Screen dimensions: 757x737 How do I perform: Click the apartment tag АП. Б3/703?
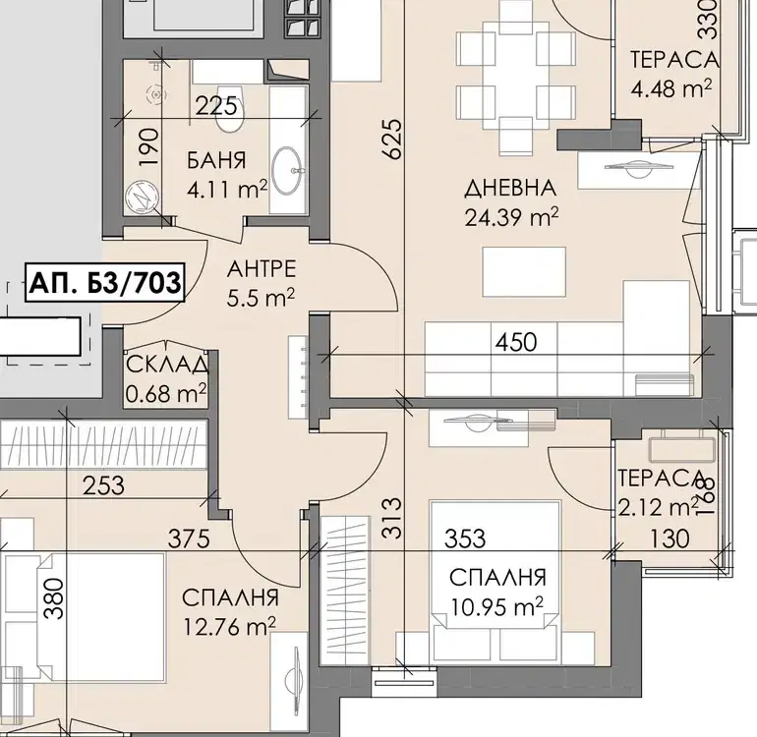[104, 283]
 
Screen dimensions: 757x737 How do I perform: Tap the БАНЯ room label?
[216, 160]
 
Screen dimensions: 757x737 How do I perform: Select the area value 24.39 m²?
[512, 217]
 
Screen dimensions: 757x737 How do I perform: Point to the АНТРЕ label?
[262, 269]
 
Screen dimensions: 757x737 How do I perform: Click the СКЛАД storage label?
[167, 365]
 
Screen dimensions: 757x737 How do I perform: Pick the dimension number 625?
[391, 139]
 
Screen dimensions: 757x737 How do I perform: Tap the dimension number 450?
[516, 342]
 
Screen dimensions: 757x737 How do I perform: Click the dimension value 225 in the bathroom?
[216, 106]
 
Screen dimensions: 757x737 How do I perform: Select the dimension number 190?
[148, 146]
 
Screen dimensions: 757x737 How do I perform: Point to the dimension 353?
[465, 539]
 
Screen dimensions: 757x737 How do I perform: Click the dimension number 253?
[103, 485]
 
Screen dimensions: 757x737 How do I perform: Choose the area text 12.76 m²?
[230, 628]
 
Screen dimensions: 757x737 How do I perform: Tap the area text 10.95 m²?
[496, 606]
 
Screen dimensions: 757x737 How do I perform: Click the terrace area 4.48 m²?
[671, 89]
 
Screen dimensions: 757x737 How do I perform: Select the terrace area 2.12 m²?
[659, 508]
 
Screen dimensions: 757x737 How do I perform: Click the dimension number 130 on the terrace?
[670, 539]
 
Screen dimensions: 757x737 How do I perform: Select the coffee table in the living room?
[524, 272]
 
